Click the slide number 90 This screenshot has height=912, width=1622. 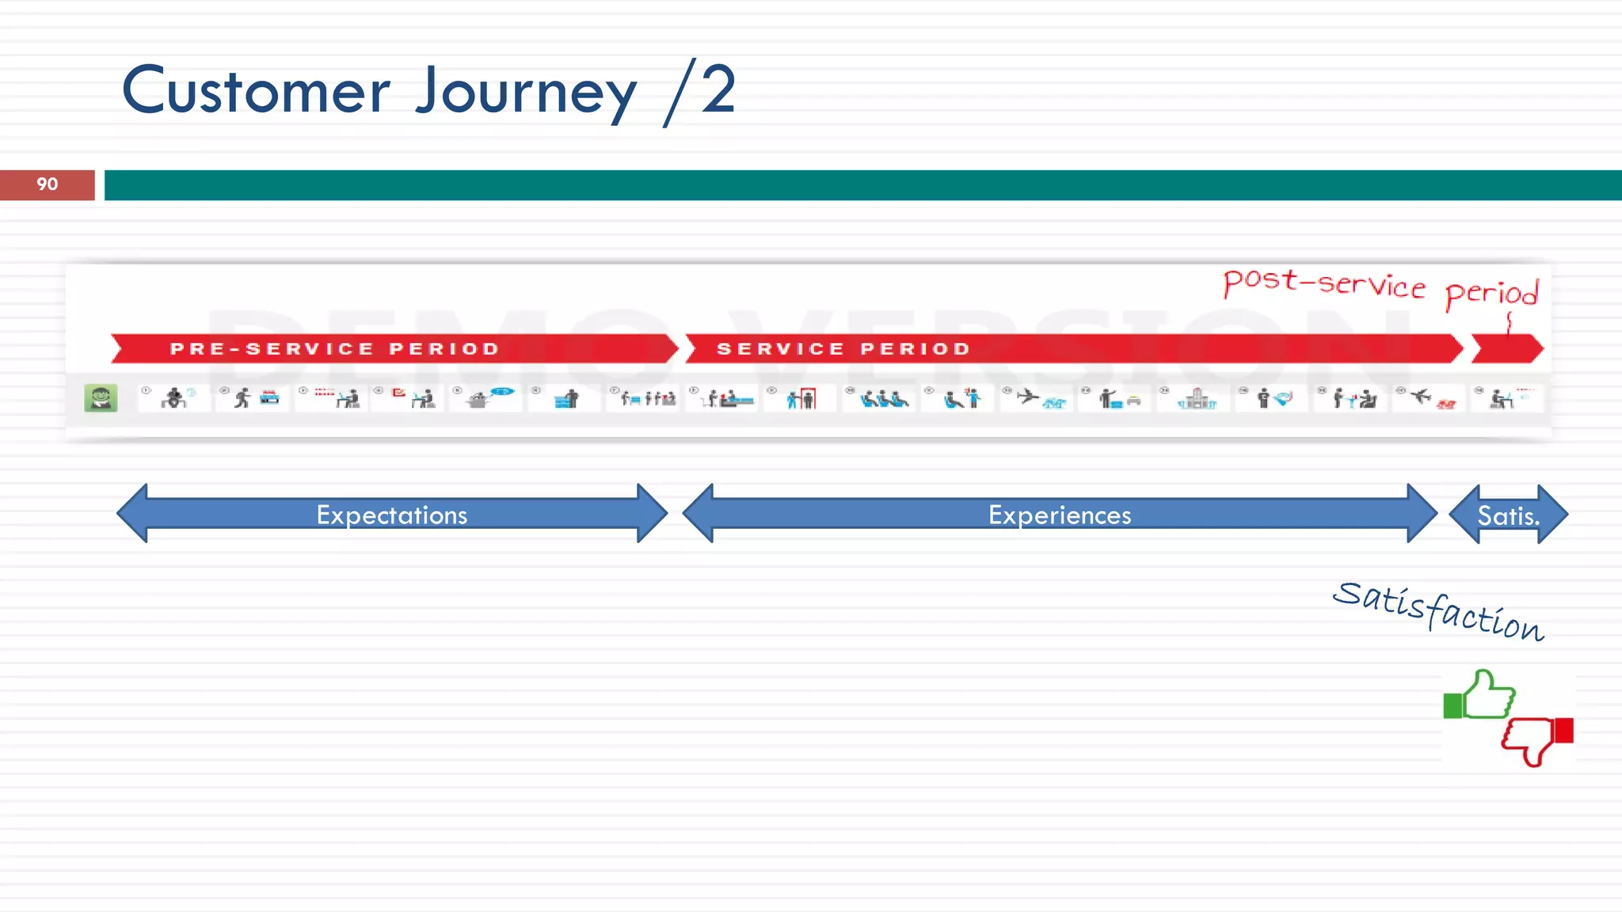[x=47, y=184]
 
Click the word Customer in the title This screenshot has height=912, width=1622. [x=256, y=91]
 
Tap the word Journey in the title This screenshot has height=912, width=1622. [x=526, y=93]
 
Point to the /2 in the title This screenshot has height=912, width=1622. [x=700, y=91]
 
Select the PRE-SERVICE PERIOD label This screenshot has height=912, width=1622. [x=335, y=349]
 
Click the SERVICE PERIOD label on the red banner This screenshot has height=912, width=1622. [x=843, y=349]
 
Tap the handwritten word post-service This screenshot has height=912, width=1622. [x=1323, y=283]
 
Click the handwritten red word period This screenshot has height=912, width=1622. [x=1492, y=293]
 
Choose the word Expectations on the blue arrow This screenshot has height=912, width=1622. [x=392, y=515]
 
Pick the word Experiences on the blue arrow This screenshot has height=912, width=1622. [x=1060, y=515]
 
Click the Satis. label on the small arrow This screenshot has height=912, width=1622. [x=1509, y=516]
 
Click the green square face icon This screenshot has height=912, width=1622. [x=101, y=397]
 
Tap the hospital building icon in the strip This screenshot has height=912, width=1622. [x=1197, y=398]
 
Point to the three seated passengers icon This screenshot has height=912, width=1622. [x=884, y=398]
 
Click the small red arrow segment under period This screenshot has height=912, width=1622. [x=1507, y=349]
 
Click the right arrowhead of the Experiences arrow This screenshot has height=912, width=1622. [x=1422, y=514]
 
